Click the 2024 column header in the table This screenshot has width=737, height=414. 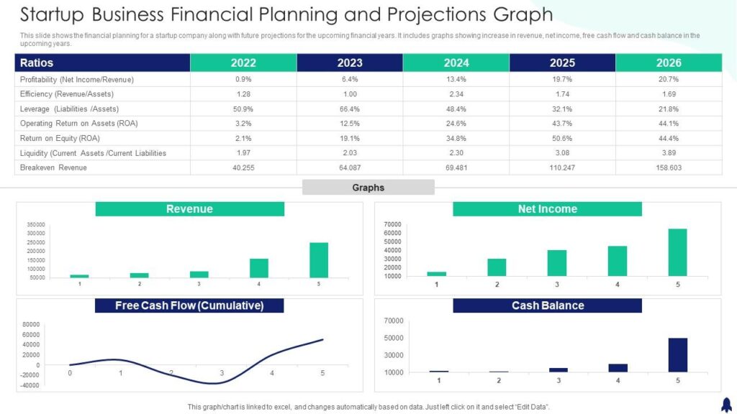click(456, 63)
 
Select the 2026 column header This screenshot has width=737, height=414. click(669, 63)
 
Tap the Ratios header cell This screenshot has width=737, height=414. click(102, 63)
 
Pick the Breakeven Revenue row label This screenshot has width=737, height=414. click(53, 167)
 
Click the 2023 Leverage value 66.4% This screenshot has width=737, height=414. click(350, 109)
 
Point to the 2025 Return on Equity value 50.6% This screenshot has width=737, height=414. click(562, 138)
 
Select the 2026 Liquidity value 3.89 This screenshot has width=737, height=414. click(669, 153)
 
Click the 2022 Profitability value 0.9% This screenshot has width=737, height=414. click(243, 79)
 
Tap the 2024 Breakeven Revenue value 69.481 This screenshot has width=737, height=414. click(456, 167)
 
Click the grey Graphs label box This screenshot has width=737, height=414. click(368, 188)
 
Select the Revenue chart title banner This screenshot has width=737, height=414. click(189, 209)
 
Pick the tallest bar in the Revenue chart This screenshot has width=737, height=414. click(319, 260)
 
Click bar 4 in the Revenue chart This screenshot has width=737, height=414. click(259, 268)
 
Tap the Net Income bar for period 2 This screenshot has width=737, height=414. click(497, 267)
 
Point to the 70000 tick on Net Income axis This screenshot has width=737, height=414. click(392, 225)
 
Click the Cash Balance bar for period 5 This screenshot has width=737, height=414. click(677, 355)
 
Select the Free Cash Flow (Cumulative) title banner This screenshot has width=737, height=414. click(189, 305)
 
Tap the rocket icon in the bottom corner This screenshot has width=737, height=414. click(725, 405)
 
